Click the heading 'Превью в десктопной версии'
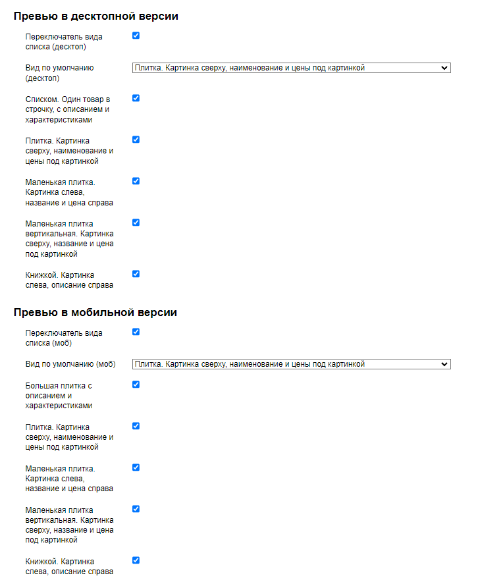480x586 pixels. (x=95, y=16)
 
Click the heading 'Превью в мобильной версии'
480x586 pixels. (x=95, y=313)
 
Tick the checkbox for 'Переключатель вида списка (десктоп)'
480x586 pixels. (x=136, y=36)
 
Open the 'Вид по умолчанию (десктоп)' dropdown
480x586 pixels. (x=291, y=67)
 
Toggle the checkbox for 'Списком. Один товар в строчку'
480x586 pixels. (x=136, y=98)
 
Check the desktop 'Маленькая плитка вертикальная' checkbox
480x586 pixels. (x=136, y=223)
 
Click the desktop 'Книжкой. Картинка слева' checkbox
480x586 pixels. (x=136, y=274)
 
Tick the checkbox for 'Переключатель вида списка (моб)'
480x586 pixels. (x=136, y=332)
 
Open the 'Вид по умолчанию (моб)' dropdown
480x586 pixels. (x=291, y=364)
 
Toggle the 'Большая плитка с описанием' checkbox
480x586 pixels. (x=136, y=385)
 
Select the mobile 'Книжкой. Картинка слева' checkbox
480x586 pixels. (x=136, y=560)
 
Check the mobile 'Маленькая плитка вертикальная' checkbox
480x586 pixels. (x=136, y=509)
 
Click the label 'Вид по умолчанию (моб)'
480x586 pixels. (x=70, y=364)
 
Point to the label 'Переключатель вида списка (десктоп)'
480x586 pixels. (x=64, y=42)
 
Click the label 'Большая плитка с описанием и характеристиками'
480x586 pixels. (x=58, y=395)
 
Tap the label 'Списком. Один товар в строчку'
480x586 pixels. (x=67, y=109)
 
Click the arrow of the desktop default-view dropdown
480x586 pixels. (x=444, y=67)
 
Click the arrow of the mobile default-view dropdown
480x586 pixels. (x=444, y=364)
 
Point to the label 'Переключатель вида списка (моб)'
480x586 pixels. (x=64, y=338)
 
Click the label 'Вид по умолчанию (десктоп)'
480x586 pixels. (x=59, y=72)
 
